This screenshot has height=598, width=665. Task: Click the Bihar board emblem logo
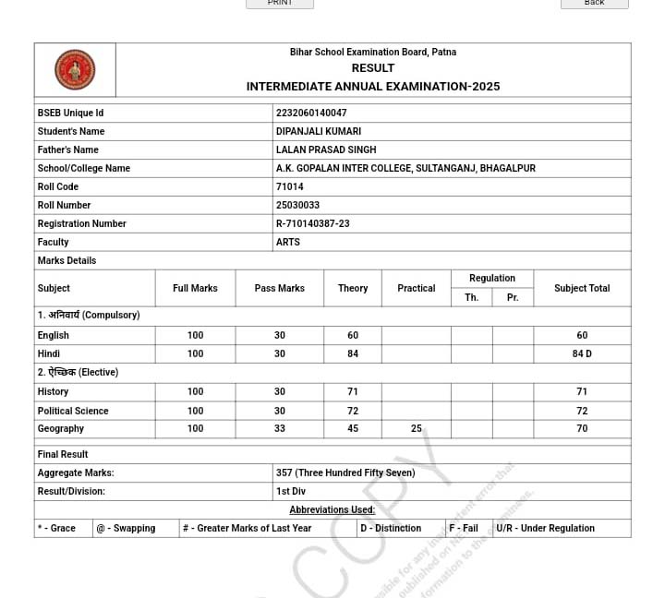pyautogui.click(x=75, y=70)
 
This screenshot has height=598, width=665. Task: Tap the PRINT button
pyautogui.click(x=280, y=4)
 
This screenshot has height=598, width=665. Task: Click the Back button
pyautogui.click(x=594, y=4)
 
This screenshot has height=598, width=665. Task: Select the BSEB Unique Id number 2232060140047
pyautogui.click(x=311, y=113)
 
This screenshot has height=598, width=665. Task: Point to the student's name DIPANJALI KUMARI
pyautogui.click(x=319, y=131)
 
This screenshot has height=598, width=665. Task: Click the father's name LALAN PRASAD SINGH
pyautogui.click(x=326, y=149)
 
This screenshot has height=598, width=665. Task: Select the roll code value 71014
pyautogui.click(x=289, y=186)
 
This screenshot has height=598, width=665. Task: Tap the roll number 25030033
pyautogui.click(x=297, y=205)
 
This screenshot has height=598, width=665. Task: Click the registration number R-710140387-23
pyautogui.click(x=313, y=223)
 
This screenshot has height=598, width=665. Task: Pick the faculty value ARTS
pyautogui.click(x=288, y=242)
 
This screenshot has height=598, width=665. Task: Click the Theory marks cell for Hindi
pyautogui.click(x=353, y=353)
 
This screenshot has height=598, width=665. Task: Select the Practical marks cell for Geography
pyautogui.click(x=417, y=428)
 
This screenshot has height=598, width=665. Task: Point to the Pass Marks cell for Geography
pyautogui.click(x=280, y=428)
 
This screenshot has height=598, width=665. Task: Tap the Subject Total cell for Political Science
pyautogui.click(x=582, y=411)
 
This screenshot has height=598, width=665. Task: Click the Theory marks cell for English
pyautogui.click(x=353, y=335)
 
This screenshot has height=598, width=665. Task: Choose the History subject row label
pyautogui.click(x=54, y=391)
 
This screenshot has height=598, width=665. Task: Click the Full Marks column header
pyautogui.click(x=195, y=288)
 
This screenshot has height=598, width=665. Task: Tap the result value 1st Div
pyautogui.click(x=291, y=491)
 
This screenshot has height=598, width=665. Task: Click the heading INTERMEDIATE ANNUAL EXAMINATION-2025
pyautogui.click(x=373, y=87)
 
